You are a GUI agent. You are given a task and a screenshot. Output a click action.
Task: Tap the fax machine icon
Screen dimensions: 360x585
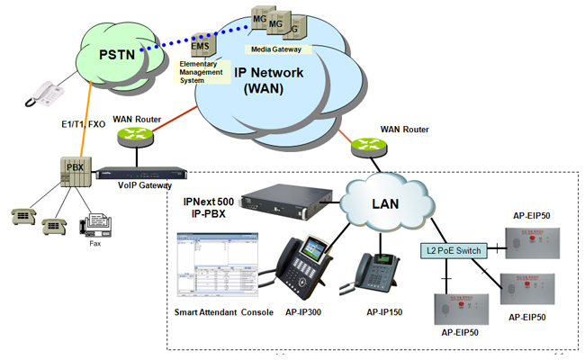96,226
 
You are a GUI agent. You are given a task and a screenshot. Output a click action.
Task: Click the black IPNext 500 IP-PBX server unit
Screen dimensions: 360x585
283,198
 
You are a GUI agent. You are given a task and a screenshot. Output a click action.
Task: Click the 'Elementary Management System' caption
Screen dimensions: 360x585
205,73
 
